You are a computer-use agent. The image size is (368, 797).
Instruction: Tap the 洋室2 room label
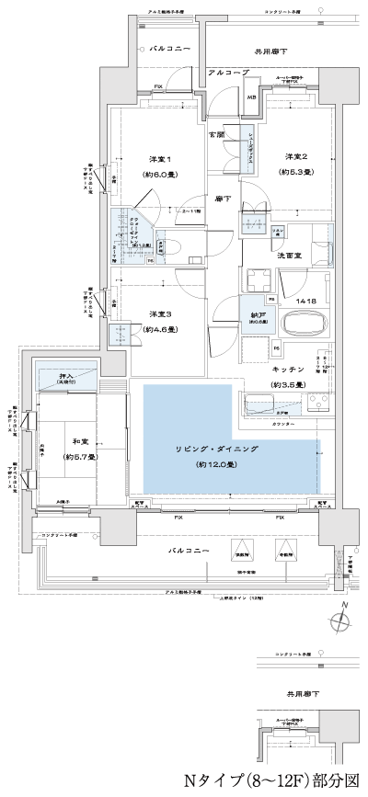(295, 155)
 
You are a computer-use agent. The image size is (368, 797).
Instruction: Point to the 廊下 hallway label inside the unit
(222, 198)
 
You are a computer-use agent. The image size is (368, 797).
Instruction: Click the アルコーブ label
(225, 71)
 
